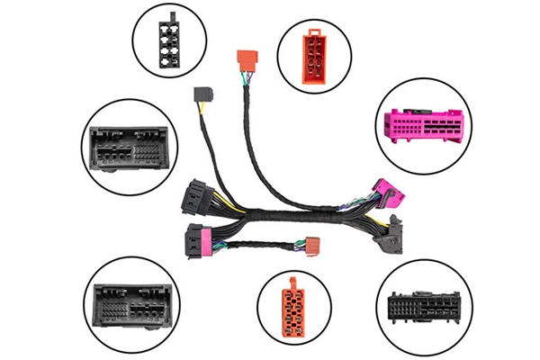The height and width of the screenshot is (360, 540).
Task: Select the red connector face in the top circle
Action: tap(316, 52)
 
